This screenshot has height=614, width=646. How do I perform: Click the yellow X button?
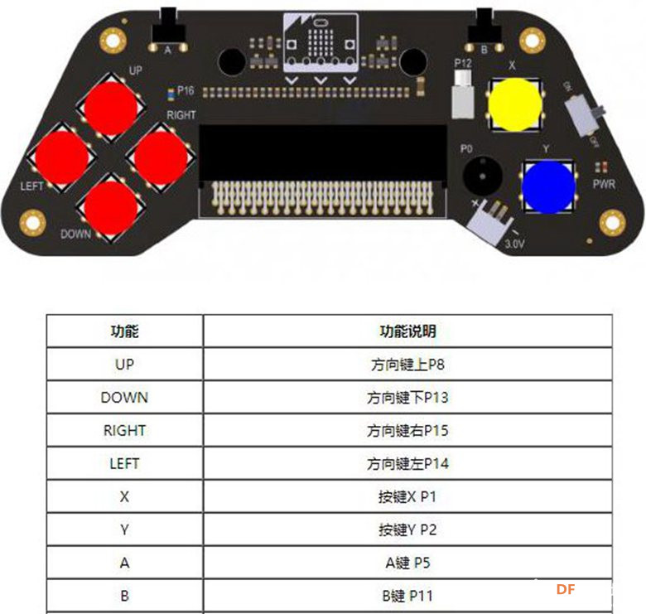coord(514,104)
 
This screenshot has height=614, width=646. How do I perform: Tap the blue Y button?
coord(548,187)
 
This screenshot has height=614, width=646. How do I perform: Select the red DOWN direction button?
coord(111,207)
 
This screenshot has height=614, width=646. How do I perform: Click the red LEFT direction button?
coord(62,157)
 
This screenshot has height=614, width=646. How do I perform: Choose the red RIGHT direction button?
coord(161,157)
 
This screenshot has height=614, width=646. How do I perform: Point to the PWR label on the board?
coord(604,184)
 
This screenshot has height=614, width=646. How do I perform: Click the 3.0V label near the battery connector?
coord(514,244)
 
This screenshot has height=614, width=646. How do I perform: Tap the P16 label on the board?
coord(186,90)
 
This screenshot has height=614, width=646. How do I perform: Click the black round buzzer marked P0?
coord(483,175)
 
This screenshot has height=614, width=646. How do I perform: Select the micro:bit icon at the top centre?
coord(321,42)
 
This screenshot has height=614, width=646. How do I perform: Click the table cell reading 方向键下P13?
coord(407,398)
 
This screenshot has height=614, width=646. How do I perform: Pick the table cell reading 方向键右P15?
coord(407,431)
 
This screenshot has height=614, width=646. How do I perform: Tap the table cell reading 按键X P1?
coord(407,496)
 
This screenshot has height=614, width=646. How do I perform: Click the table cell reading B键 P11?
coord(407,596)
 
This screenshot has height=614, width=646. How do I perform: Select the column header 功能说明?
coord(407,331)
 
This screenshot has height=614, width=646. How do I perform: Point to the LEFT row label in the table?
coord(124,463)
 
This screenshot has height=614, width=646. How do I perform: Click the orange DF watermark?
coord(565,589)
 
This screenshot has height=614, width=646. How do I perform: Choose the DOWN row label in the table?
coord(124,398)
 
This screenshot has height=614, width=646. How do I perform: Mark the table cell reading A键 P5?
coord(407,563)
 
